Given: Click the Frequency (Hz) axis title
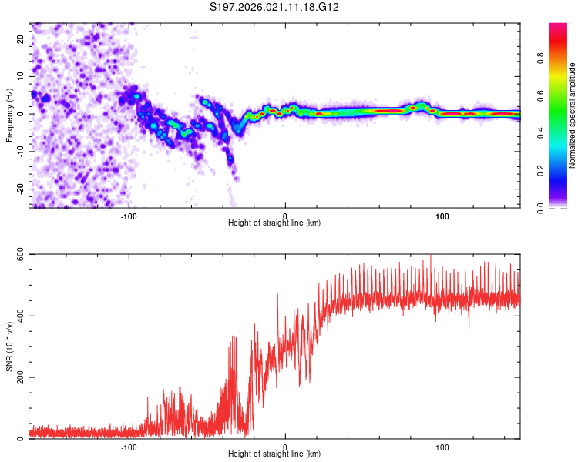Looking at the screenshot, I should (x=9, y=115).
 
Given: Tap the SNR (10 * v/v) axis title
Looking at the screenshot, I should (x=9, y=346).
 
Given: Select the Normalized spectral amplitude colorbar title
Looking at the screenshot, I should (x=573, y=115).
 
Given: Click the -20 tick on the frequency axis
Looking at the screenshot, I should (x=20, y=189).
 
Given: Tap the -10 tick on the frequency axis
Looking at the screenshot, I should (x=20, y=152).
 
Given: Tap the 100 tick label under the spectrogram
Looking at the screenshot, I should (x=442, y=216).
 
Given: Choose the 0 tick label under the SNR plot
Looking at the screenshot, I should (x=285, y=447).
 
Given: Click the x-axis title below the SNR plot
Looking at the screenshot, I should (x=274, y=455).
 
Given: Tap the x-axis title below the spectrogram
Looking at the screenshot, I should (x=274, y=223).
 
